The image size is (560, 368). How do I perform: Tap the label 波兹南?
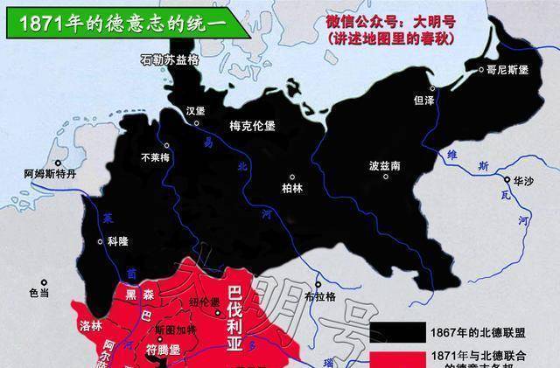pos(385,163)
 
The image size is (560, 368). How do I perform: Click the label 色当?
pos(39,294)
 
